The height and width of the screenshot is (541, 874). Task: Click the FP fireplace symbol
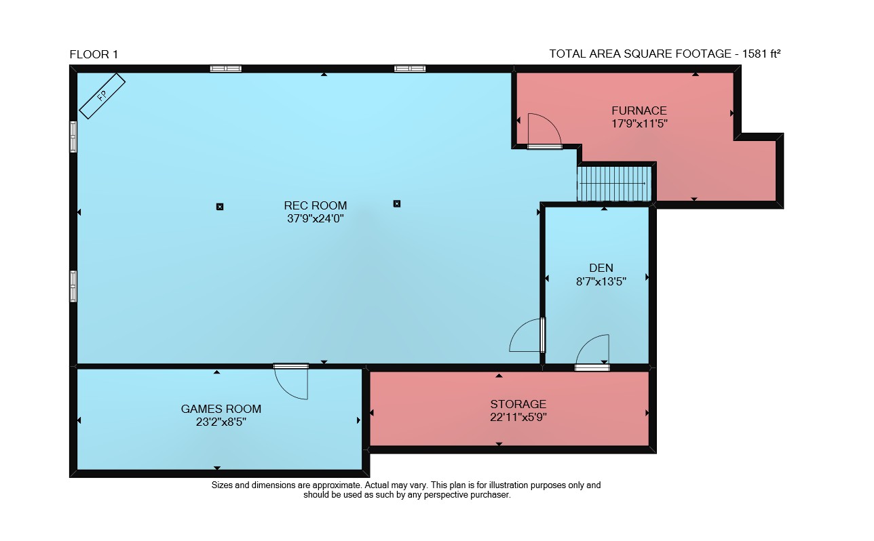pyautogui.click(x=102, y=96)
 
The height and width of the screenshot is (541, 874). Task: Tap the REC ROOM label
pyautogui.click(x=316, y=205)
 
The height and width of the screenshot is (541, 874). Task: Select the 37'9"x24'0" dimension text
pyautogui.click(x=316, y=219)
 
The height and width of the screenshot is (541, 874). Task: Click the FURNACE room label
pyautogui.click(x=639, y=111)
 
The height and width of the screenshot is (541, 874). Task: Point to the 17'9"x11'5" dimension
pyautogui.click(x=639, y=123)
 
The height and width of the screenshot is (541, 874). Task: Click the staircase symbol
pyautogui.click(x=614, y=184)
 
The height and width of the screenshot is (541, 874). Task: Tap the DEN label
pyautogui.click(x=601, y=268)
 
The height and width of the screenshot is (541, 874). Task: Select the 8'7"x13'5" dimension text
pyautogui.click(x=601, y=281)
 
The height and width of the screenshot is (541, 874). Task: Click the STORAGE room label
pyautogui.click(x=518, y=404)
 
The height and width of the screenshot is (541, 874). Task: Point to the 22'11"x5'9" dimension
pyautogui.click(x=518, y=418)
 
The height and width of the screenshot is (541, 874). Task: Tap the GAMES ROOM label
pyautogui.click(x=221, y=409)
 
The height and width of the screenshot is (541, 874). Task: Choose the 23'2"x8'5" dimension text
pyautogui.click(x=221, y=422)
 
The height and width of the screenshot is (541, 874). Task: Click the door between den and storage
pyautogui.click(x=592, y=353)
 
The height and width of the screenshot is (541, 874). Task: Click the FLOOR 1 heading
pyautogui.click(x=94, y=54)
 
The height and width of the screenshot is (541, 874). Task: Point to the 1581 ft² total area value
pyautogui.click(x=761, y=54)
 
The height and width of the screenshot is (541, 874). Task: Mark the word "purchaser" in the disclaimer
pyautogui.click(x=490, y=495)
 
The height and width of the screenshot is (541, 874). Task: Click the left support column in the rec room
pyautogui.click(x=220, y=207)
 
